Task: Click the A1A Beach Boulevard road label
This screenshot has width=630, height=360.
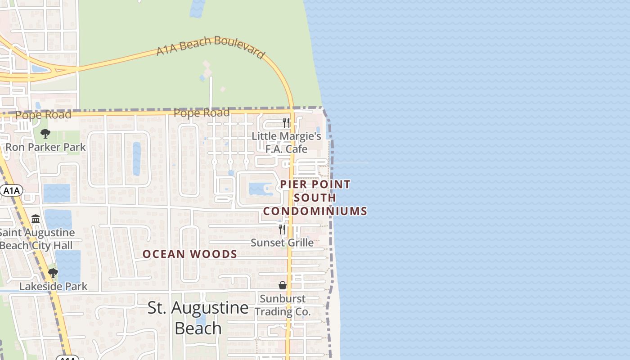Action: click(x=210, y=46)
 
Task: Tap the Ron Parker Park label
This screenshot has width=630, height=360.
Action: click(x=45, y=147)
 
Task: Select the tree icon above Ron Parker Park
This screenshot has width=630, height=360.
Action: click(x=45, y=134)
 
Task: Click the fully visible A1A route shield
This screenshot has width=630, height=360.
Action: click(x=11, y=191)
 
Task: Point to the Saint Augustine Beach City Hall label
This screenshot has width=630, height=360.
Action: click(x=36, y=239)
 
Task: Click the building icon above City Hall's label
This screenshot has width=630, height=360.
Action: click(x=36, y=219)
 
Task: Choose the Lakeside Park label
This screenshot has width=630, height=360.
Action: click(x=53, y=286)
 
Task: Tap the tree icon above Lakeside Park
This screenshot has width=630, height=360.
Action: click(x=53, y=273)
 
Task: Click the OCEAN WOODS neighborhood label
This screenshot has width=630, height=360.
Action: click(x=190, y=254)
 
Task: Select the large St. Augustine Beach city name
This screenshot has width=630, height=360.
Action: click(x=198, y=318)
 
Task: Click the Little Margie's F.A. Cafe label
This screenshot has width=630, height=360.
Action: click(x=286, y=142)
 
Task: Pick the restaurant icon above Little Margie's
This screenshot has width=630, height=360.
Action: click(x=285, y=122)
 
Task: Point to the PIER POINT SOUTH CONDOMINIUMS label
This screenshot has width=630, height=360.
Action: click(x=315, y=198)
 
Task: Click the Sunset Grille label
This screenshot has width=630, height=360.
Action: click(x=282, y=243)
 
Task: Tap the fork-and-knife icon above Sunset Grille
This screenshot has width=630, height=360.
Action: click(x=282, y=229)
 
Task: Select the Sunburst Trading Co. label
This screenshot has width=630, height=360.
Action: click(x=283, y=305)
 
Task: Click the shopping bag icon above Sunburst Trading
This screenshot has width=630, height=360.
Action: click(x=283, y=285)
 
